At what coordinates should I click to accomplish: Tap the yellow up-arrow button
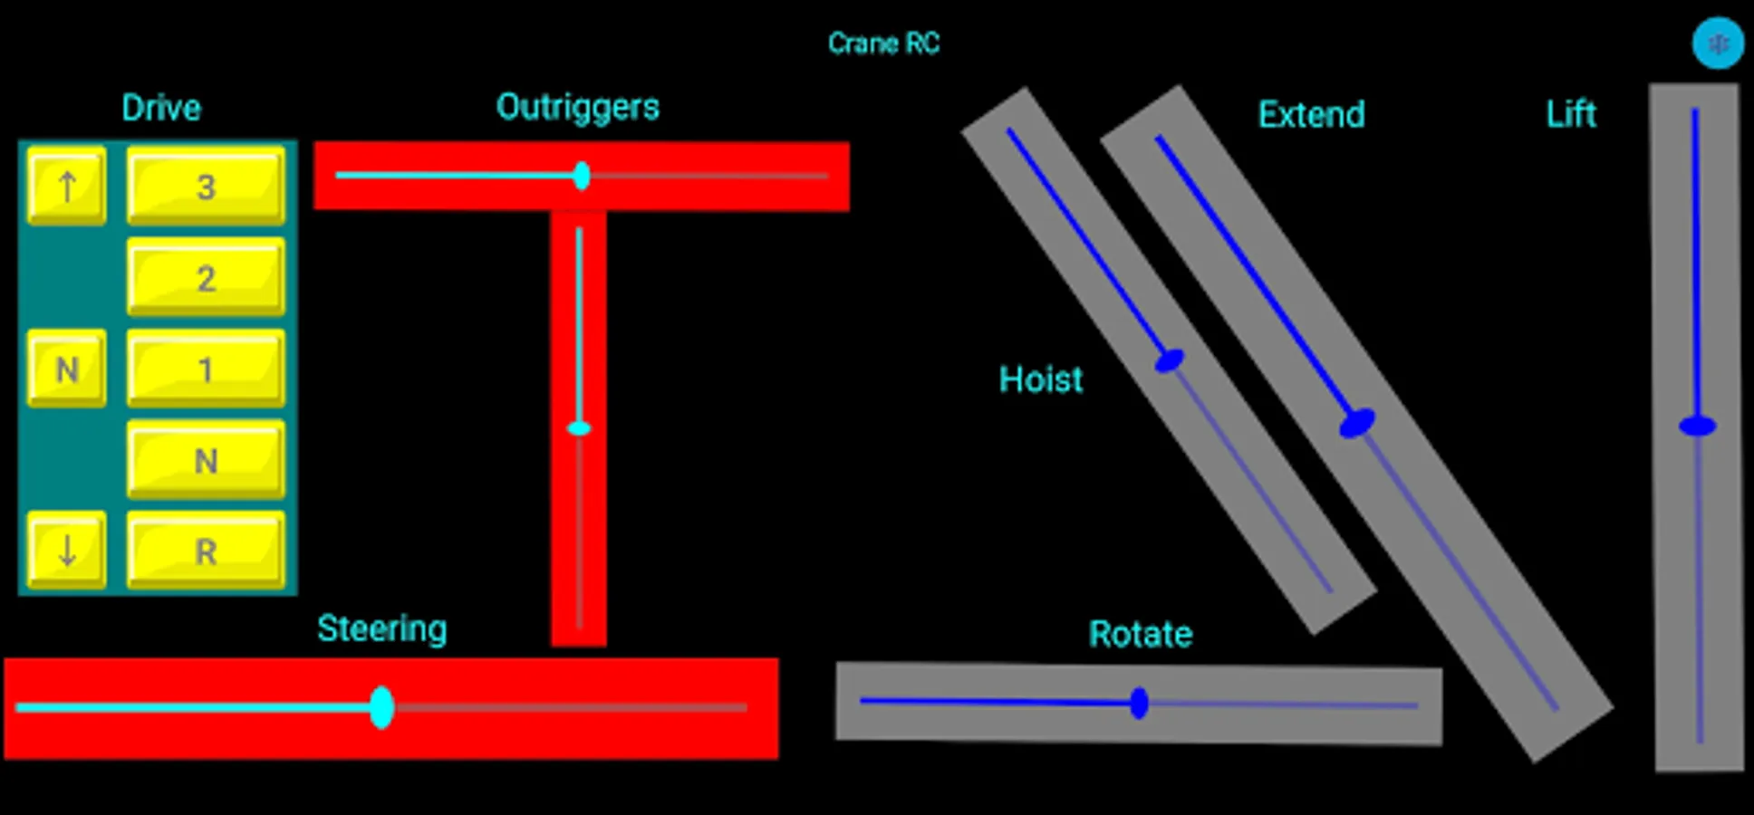click(x=66, y=187)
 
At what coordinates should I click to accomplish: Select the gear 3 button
click(x=206, y=187)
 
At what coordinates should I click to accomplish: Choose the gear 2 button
click(x=206, y=277)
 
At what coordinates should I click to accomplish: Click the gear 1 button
click(x=206, y=369)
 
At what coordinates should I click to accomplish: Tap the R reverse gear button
click(x=206, y=551)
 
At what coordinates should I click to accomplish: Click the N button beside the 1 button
click(x=66, y=369)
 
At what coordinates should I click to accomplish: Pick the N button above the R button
click(x=206, y=460)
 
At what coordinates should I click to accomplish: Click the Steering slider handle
click(x=381, y=707)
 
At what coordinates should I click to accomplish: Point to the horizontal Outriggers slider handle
click(x=582, y=176)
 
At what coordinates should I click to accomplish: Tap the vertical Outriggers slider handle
click(x=579, y=428)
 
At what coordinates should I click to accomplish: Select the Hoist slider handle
click(x=1169, y=361)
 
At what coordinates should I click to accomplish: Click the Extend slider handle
click(x=1356, y=423)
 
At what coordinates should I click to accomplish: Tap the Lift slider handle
click(x=1697, y=426)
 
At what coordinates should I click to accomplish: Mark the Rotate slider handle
click(x=1139, y=704)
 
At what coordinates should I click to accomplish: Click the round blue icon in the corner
click(x=1718, y=43)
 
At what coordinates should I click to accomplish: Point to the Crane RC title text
click(x=883, y=43)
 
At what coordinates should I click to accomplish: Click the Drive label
click(x=161, y=108)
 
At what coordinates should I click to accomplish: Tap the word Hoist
click(x=1040, y=379)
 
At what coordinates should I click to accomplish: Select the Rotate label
click(x=1140, y=634)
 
